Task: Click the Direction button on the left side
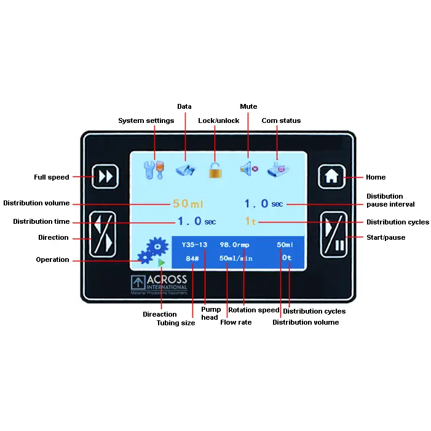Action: pyautogui.click(x=103, y=234)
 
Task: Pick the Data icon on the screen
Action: pyautogui.click(x=185, y=169)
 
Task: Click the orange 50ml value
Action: pyautogui.click(x=188, y=204)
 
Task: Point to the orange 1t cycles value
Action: pyautogui.click(x=250, y=222)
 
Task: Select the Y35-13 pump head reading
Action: pyautogui.click(x=195, y=245)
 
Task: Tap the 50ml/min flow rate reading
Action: pyautogui.click(x=236, y=259)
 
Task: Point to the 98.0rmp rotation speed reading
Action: pyautogui.click(x=234, y=245)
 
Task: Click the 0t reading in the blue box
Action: pyautogui.click(x=287, y=258)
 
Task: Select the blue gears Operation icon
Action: pyautogui.click(x=152, y=249)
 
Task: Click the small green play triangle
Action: pyautogui.click(x=161, y=263)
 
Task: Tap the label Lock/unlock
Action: pyautogui.click(x=218, y=121)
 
